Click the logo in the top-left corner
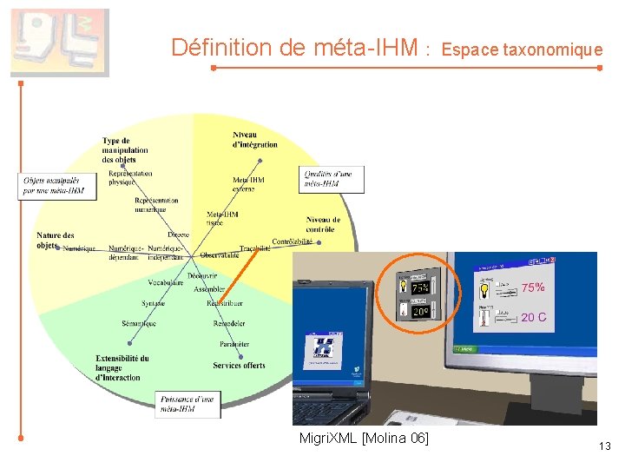[59, 42]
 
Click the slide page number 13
[605, 446]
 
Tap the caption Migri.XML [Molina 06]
[363, 438]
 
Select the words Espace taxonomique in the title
[522, 50]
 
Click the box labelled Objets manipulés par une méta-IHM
[53, 186]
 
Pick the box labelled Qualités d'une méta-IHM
[332, 180]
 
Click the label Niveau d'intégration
[254, 139]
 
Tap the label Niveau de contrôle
[323, 225]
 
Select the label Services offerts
[240, 366]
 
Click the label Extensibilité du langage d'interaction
[122, 367]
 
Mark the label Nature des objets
[55, 240]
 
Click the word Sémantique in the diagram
[139, 324]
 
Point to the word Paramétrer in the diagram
[234, 344]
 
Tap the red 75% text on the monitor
[533, 287]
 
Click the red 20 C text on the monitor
[533, 318]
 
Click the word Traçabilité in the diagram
[254, 248]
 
